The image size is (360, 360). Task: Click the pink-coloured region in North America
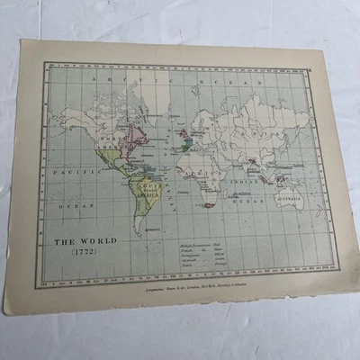click(135, 137)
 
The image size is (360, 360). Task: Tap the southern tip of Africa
click(209, 206)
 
